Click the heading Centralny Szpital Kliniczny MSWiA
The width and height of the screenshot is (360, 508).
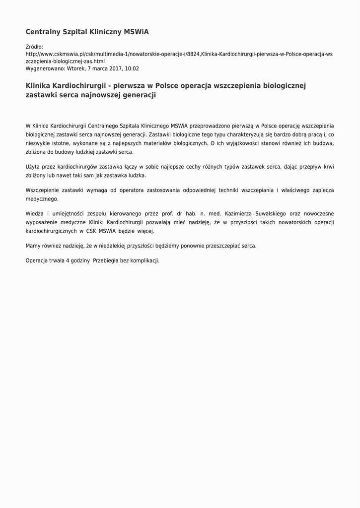pyautogui.click(x=87, y=32)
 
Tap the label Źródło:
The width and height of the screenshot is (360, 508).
pyautogui.click(x=34, y=47)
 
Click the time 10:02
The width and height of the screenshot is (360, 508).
pyautogui.click(x=133, y=69)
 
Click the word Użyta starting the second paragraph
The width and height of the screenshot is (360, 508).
pyautogui.click(x=33, y=167)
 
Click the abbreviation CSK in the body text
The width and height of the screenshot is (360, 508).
pyautogui.click(x=90, y=231)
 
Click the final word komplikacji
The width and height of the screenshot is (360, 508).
pyautogui.click(x=144, y=261)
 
